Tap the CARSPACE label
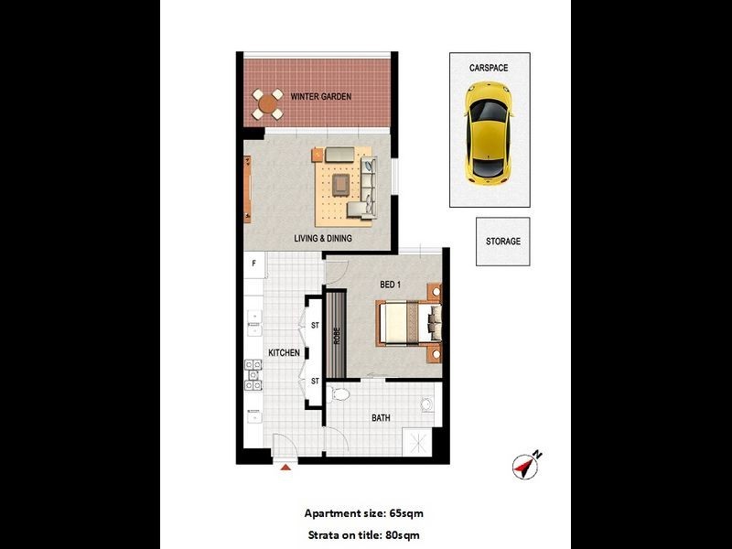[x=489, y=68]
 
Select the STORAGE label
[x=502, y=242]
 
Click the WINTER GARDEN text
[x=321, y=97]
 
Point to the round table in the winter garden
[x=268, y=103]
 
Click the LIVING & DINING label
[x=323, y=240]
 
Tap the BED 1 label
[x=391, y=285]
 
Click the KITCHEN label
[x=284, y=353]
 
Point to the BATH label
[x=381, y=419]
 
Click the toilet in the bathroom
[x=339, y=396]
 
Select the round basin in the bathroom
[x=426, y=405]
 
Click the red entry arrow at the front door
[x=285, y=468]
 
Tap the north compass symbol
[x=527, y=465]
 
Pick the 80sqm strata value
[x=401, y=534]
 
